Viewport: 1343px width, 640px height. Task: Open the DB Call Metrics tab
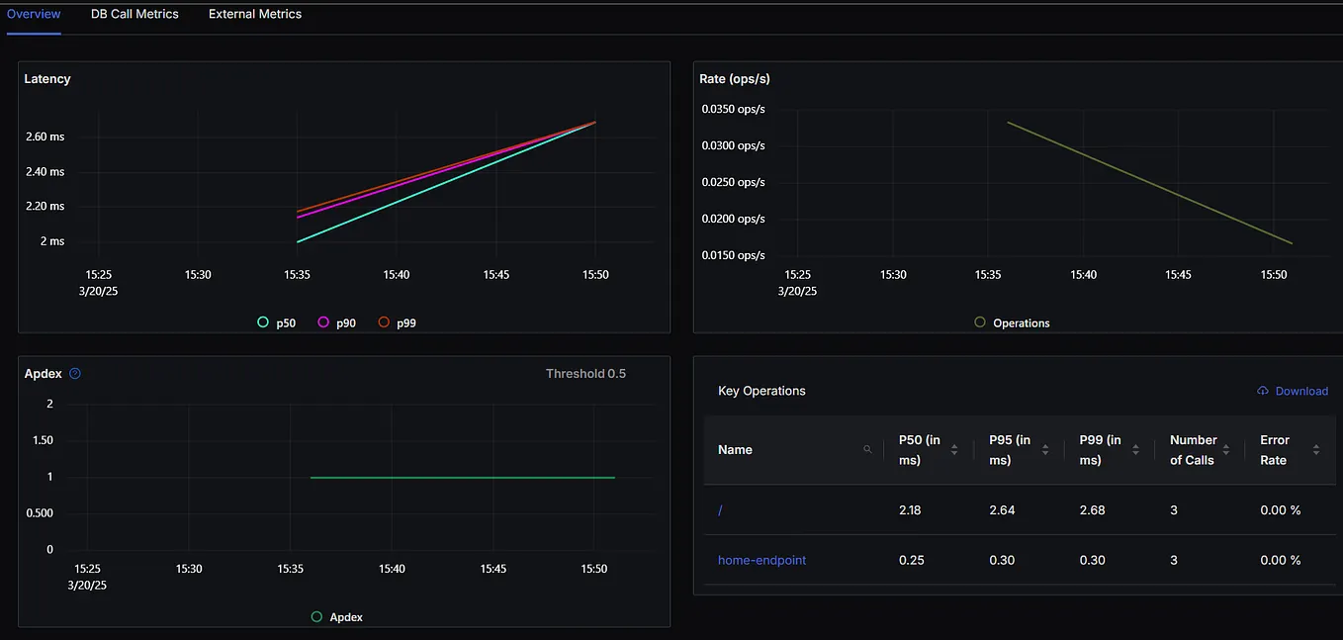(134, 14)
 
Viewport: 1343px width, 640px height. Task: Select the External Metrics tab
(255, 14)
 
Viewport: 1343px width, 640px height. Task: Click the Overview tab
(34, 14)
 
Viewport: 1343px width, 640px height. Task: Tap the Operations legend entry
(1012, 322)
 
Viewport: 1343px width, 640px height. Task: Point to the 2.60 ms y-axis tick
(45, 137)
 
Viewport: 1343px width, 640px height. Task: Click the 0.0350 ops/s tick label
(733, 109)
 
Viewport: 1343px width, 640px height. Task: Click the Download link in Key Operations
(1293, 391)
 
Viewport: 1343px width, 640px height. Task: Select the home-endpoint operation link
(761, 560)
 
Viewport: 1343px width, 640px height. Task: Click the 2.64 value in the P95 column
(1002, 509)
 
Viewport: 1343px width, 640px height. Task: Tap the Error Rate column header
(1274, 449)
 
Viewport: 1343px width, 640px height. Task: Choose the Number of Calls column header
(1193, 449)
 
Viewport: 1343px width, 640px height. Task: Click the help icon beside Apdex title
(75, 374)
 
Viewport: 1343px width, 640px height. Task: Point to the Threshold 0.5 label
(585, 374)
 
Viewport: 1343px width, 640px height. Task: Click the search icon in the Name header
(867, 449)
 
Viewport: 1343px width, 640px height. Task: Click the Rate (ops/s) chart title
(733, 78)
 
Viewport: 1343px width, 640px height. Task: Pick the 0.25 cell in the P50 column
(911, 560)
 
